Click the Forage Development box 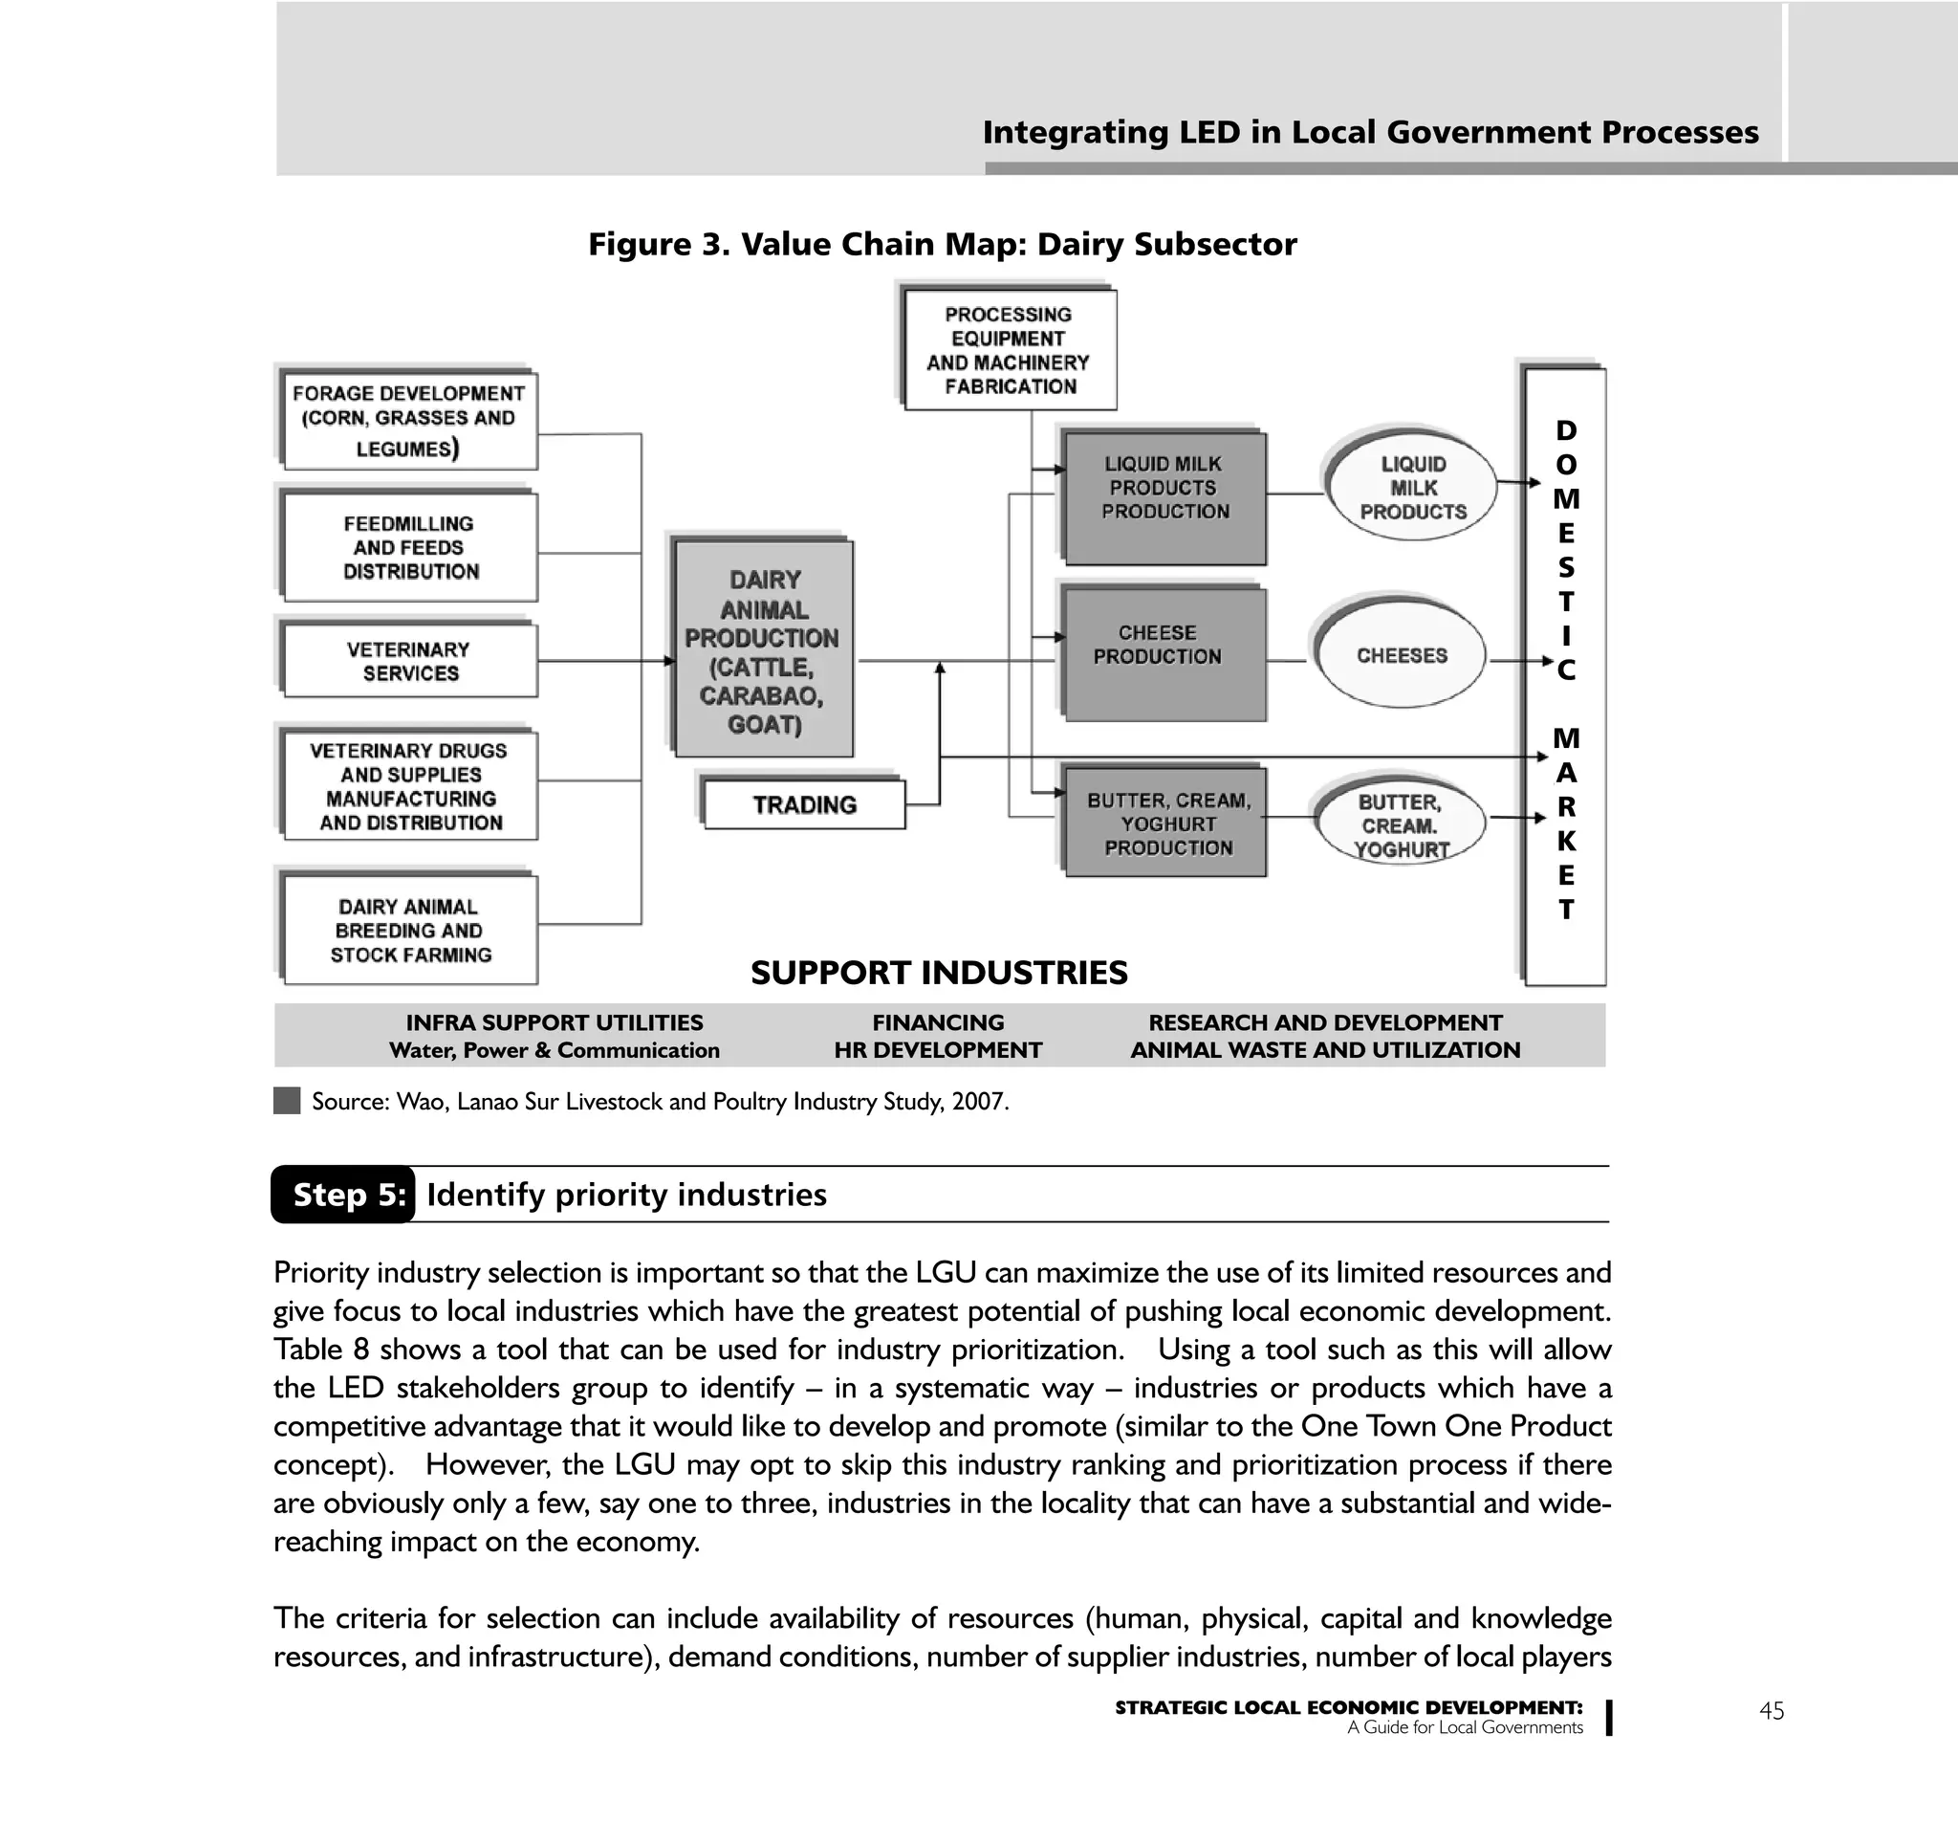coord(409,421)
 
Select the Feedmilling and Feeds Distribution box coord(410,548)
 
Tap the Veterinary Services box coord(410,661)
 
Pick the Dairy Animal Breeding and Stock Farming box coord(410,930)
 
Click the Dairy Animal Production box coord(763,650)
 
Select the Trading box coord(804,804)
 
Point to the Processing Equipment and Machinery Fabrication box coord(1009,351)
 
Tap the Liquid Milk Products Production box coord(1164,497)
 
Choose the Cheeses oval coord(1401,655)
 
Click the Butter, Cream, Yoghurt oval coord(1400,825)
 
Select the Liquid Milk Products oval coord(1411,488)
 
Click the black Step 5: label coord(344,1195)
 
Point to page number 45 coord(1771,1711)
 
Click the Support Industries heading coord(939,974)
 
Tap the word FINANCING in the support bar coord(938,1022)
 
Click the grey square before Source coord(287,1101)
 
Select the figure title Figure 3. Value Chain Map coord(942,244)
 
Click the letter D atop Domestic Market coord(1565,430)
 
